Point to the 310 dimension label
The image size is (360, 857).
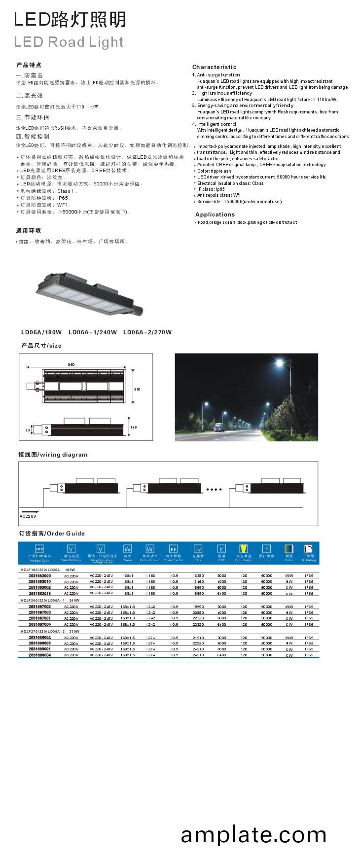(137, 389)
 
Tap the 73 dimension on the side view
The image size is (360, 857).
(28, 430)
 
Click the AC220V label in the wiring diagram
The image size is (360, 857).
(28, 516)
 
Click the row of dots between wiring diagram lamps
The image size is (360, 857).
(214, 489)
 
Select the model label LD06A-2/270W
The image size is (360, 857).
(147, 332)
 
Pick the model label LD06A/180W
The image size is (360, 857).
(41, 332)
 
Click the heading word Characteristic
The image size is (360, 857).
(214, 67)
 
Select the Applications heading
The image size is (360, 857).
(215, 214)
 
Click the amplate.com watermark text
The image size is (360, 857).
(253, 835)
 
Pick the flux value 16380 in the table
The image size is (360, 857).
(198, 575)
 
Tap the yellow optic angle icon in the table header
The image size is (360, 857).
(244, 549)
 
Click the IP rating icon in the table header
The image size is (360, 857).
(308, 549)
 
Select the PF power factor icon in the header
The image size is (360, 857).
(173, 549)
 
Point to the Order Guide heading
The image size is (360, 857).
(52, 534)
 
